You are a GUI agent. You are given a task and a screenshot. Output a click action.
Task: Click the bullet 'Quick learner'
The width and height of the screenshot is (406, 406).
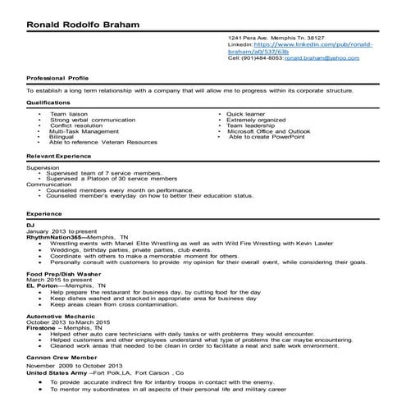[x=246, y=113]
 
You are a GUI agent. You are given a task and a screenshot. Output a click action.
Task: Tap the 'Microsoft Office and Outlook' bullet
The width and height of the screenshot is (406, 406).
[x=268, y=130]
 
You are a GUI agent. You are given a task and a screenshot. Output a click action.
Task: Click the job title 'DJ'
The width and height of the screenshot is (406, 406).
[x=30, y=224]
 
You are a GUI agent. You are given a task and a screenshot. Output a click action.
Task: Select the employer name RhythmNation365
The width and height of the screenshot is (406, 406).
[x=50, y=237]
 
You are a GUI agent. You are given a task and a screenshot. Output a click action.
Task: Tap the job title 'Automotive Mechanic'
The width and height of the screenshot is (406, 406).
[x=57, y=316]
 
